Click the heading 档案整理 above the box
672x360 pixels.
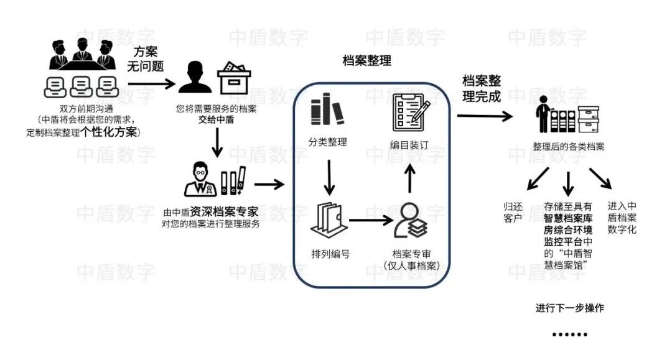click(366, 61)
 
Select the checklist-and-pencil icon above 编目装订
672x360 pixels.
click(409, 110)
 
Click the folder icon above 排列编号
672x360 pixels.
click(327, 218)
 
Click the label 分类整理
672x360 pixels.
click(327, 142)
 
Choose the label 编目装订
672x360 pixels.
click(409, 145)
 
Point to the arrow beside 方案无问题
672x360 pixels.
click(149, 81)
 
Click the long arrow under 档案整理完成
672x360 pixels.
click(485, 116)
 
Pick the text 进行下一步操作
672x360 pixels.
click(569, 308)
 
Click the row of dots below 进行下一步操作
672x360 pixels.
click(569, 335)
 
